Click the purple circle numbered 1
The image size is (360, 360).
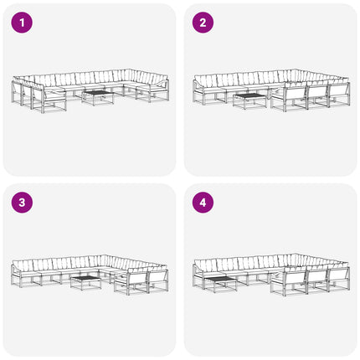[22, 23]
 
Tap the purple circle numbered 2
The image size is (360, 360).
[203, 23]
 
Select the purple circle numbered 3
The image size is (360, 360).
[22, 203]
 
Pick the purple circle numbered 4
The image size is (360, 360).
[203, 203]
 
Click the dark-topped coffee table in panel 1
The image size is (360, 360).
[98, 98]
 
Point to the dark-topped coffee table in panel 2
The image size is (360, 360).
[249, 101]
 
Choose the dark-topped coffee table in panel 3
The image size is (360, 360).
[85, 283]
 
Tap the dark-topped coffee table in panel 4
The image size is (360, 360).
[220, 284]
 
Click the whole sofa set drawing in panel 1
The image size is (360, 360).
[90, 91]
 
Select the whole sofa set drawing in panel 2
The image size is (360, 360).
[271, 90]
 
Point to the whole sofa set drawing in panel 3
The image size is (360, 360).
[90, 275]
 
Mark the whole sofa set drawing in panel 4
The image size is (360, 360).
[271, 275]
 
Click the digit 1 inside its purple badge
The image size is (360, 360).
[22, 23]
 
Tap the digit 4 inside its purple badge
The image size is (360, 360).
[203, 203]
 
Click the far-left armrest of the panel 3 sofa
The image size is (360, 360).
[13, 275]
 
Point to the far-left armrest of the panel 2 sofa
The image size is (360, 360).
[194, 90]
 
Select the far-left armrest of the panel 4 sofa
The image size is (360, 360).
[194, 275]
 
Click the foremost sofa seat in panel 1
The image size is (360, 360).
[49, 100]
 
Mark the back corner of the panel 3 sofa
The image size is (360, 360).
[105, 255]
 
